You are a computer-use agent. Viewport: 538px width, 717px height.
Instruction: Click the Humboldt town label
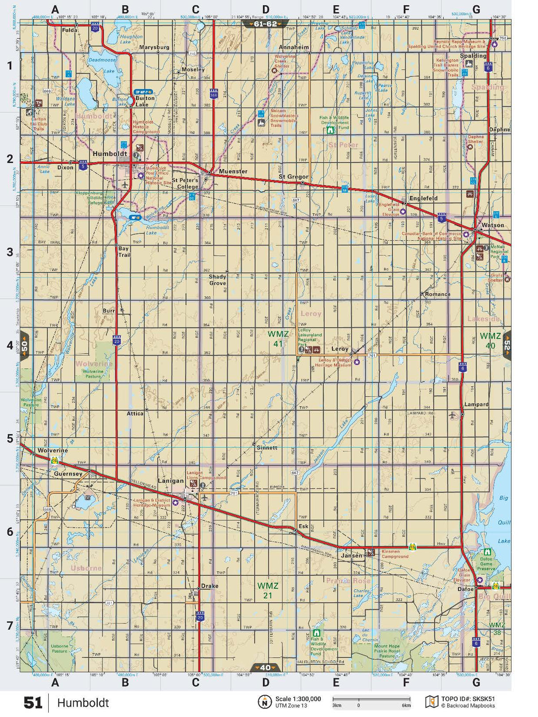[x=109, y=153]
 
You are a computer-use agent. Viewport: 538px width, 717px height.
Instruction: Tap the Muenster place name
[x=233, y=171]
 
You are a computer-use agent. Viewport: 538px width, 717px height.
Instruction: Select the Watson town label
[x=492, y=225]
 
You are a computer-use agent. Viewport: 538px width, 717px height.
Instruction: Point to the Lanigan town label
[x=171, y=481]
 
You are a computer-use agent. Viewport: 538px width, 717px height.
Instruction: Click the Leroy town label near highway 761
[x=340, y=349]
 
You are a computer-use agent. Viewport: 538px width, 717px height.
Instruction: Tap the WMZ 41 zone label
[x=278, y=339]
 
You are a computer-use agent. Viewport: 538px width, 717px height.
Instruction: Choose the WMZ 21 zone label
[x=268, y=590]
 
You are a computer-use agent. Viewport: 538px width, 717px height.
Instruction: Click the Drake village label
[x=210, y=586]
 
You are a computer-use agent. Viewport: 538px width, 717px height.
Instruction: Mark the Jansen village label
[x=352, y=555]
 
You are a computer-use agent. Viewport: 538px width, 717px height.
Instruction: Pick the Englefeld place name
[x=423, y=198]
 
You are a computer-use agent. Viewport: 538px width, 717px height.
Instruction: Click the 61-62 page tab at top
[x=265, y=24]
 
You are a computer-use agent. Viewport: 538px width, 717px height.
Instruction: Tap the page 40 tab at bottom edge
[x=265, y=667]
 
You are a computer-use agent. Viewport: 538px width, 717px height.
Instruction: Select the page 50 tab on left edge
[x=24, y=345]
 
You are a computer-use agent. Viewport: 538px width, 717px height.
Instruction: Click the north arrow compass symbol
[x=265, y=702]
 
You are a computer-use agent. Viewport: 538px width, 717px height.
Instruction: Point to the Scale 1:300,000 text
[x=298, y=699]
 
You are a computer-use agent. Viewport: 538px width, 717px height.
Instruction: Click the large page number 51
[x=33, y=703]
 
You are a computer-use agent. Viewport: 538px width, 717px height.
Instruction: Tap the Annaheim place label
[x=294, y=47]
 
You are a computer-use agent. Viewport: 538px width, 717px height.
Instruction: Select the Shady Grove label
[x=217, y=280]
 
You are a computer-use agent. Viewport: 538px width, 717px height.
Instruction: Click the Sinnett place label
[x=267, y=448]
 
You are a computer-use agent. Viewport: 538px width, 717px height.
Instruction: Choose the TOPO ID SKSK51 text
[x=468, y=699]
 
